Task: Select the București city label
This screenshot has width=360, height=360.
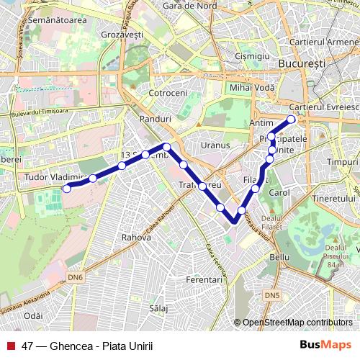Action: [x=301, y=64]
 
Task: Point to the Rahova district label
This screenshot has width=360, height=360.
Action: [x=136, y=236]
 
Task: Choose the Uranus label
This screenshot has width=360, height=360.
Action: [x=215, y=145]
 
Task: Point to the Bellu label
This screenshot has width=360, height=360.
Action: [x=278, y=256]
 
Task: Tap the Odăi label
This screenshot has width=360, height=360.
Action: [x=33, y=315]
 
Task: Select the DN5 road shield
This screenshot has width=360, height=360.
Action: [x=271, y=295]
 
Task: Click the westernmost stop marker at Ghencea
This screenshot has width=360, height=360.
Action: [x=67, y=189]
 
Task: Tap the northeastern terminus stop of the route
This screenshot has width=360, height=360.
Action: [x=291, y=120]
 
